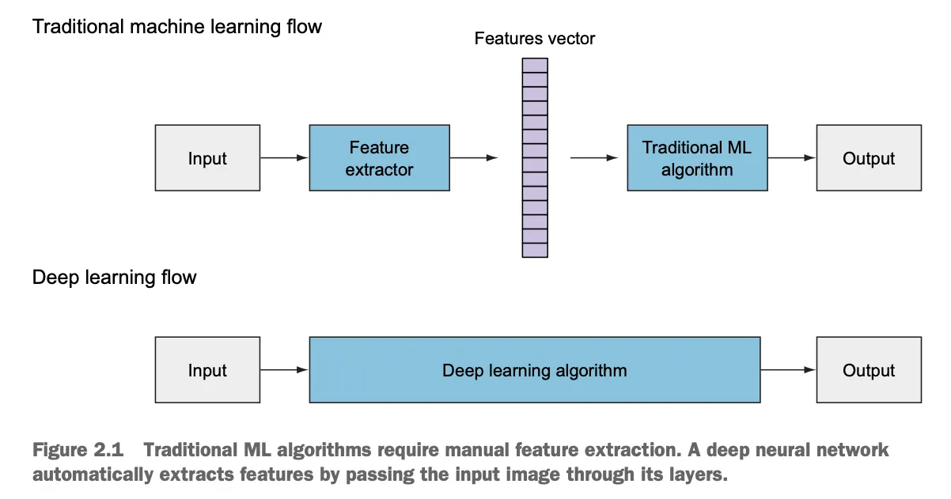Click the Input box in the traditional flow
click(207, 158)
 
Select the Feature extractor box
click(379, 158)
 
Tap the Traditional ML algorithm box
click(696, 158)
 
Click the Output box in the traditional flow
click(868, 158)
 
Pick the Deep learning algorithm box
click(534, 370)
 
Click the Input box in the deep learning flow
click(207, 370)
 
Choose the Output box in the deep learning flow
click(868, 370)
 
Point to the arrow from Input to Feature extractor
click(284, 158)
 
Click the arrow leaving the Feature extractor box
click(474, 158)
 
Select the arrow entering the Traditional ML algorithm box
click(593, 158)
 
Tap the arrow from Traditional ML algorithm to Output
click(791, 158)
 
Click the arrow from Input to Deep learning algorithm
click(284, 369)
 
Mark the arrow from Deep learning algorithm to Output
click(788, 369)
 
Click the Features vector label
click(534, 38)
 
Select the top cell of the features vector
click(535, 66)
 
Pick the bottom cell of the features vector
click(535, 250)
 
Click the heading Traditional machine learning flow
click(177, 27)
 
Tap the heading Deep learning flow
click(114, 278)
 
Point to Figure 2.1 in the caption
click(78, 451)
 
